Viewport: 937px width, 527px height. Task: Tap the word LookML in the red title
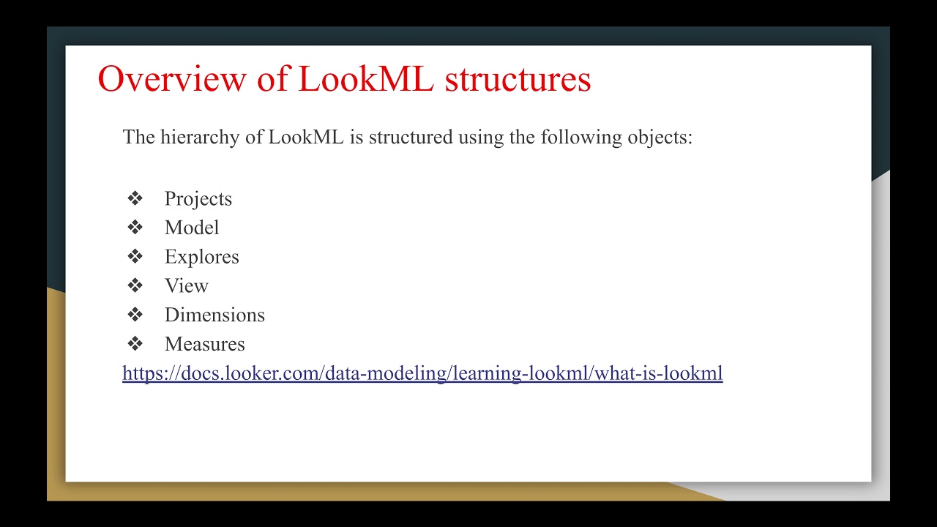click(366, 79)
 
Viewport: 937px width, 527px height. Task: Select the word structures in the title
click(518, 79)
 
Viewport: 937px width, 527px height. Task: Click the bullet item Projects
click(198, 199)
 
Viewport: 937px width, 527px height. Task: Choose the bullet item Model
click(192, 228)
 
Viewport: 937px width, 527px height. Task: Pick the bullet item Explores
click(201, 257)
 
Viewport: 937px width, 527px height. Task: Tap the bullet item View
click(186, 286)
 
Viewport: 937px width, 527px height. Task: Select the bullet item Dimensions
click(214, 315)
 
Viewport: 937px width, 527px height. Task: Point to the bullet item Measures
click(204, 344)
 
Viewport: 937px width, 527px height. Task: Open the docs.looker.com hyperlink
click(422, 373)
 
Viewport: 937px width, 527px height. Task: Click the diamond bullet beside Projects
click(135, 198)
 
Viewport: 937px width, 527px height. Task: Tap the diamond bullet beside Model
click(135, 228)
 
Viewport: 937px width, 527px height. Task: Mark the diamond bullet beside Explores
click(135, 256)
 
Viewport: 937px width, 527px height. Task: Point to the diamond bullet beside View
click(135, 285)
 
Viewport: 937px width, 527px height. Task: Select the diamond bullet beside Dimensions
click(135, 315)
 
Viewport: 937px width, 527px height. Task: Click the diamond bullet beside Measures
click(135, 343)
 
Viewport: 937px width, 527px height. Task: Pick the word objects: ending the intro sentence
click(659, 138)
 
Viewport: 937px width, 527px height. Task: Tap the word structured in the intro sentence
click(410, 138)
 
